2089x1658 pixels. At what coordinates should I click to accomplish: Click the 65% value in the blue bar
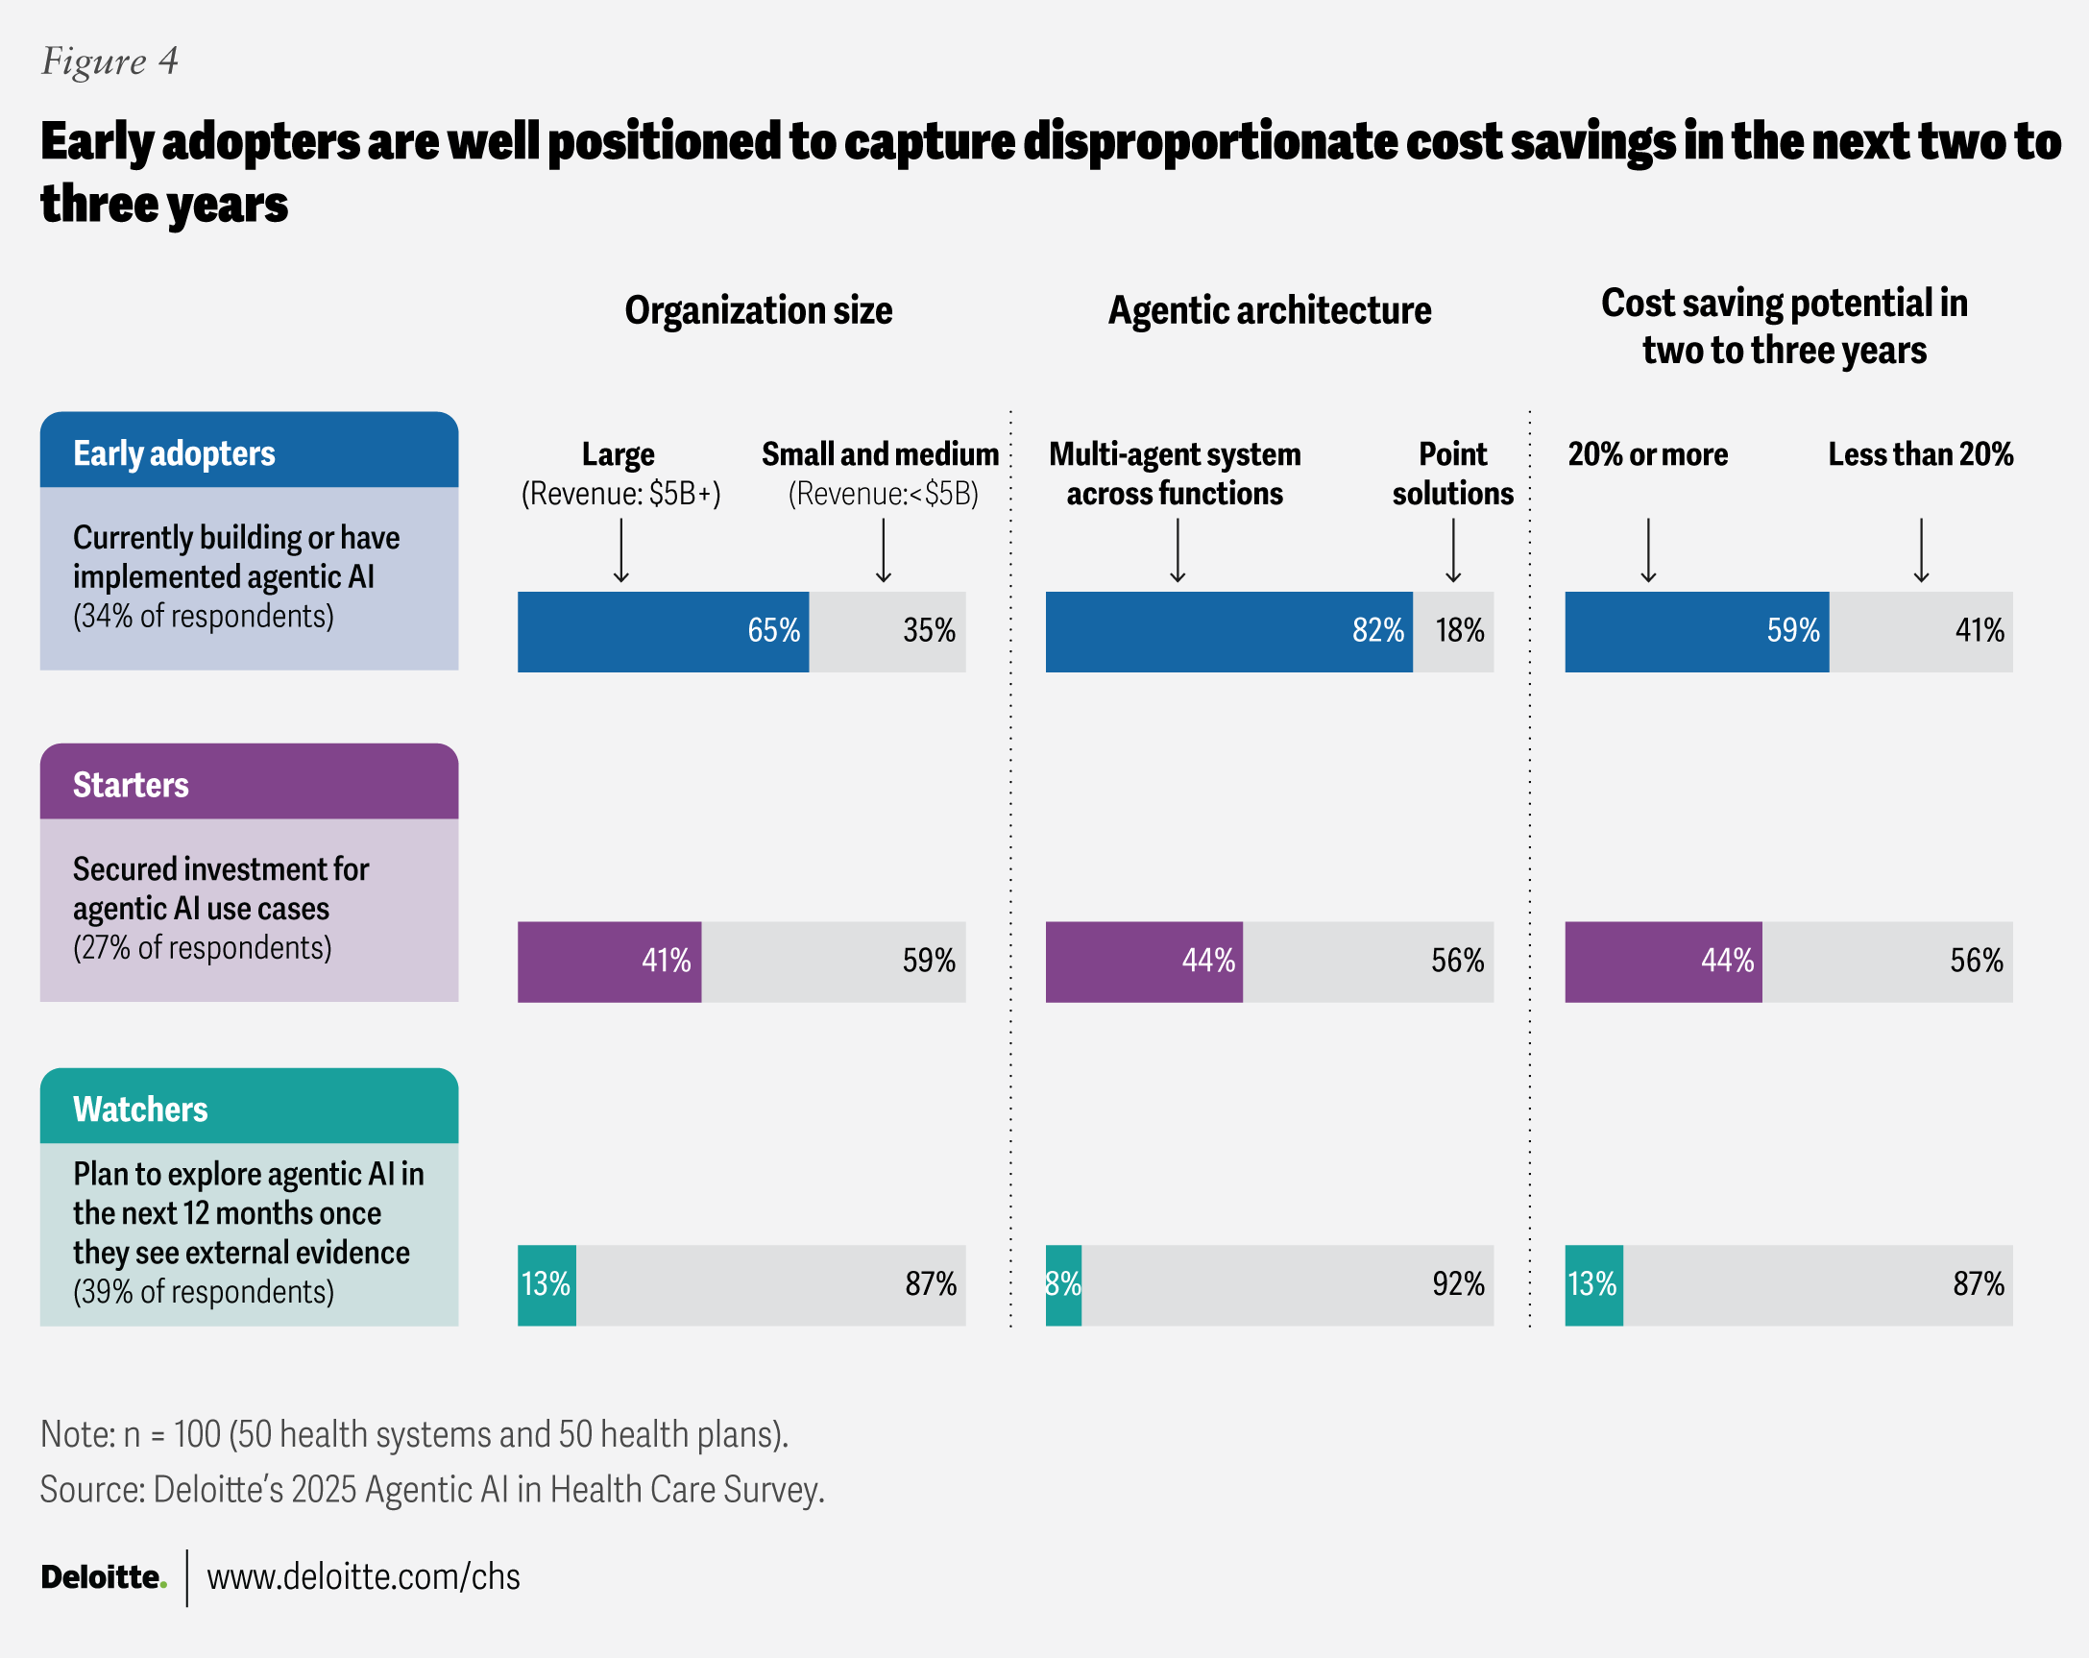click(x=773, y=631)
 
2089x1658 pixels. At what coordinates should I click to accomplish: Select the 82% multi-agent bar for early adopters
click(x=1228, y=632)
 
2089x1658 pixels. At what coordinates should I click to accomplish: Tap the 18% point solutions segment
click(x=1453, y=632)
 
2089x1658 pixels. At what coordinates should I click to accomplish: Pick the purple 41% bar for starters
click(x=609, y=962)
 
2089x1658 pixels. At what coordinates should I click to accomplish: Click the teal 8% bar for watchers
click(x=1063, y=1285)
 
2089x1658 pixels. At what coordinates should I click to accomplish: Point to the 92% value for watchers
click(x=1457, y=1285)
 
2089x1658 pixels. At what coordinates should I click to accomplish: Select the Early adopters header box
click(x=249, y=451)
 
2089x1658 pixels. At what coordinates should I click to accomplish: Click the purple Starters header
click(x=249, y=783)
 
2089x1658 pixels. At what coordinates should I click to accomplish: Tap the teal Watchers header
click(x=249, y=1108)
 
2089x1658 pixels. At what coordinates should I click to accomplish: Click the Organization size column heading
click(x=759, y=311)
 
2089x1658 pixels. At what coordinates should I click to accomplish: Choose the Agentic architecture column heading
click(x=1270, y=311)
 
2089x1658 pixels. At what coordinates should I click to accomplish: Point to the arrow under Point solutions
click(x=1453, y=550)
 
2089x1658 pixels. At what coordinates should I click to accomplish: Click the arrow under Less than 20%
click(x=1921, y=550)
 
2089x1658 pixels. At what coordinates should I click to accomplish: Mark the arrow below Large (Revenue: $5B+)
click(x=621, y=550)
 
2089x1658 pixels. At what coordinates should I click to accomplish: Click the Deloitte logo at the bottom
click(x=103, y=1577)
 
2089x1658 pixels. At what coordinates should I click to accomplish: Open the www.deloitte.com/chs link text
click(x=363, y=1577)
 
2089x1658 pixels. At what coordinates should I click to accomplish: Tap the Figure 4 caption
click(x=109, y=61)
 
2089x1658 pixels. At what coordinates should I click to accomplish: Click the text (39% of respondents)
click(x=204, y=1293)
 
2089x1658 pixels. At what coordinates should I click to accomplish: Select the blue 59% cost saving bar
click(x=1696, y=632)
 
